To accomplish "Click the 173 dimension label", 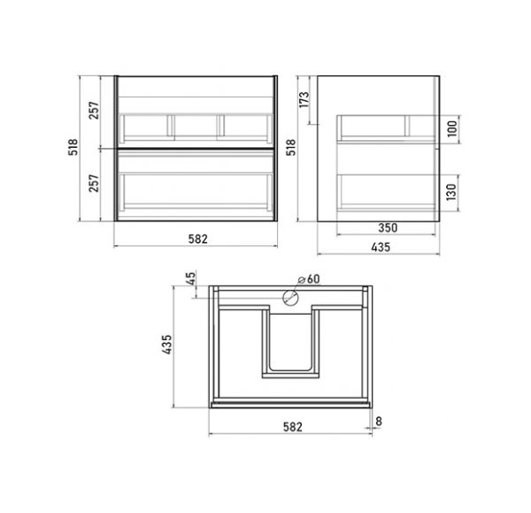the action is (x=304, y=100).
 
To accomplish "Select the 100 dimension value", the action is (x=452, y=128).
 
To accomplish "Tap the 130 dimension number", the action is (x=451, y=192).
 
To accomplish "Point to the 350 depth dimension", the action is (x=388, y=228).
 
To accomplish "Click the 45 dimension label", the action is (x=191, y=279).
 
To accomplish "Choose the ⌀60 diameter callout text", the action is (x=309, y=279).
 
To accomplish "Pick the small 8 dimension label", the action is (x=379, y=422).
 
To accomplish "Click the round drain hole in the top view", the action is (x=290, y=298).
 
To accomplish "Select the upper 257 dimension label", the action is (x=94, y=110).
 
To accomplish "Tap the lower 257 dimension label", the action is (x=94, y=183).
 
